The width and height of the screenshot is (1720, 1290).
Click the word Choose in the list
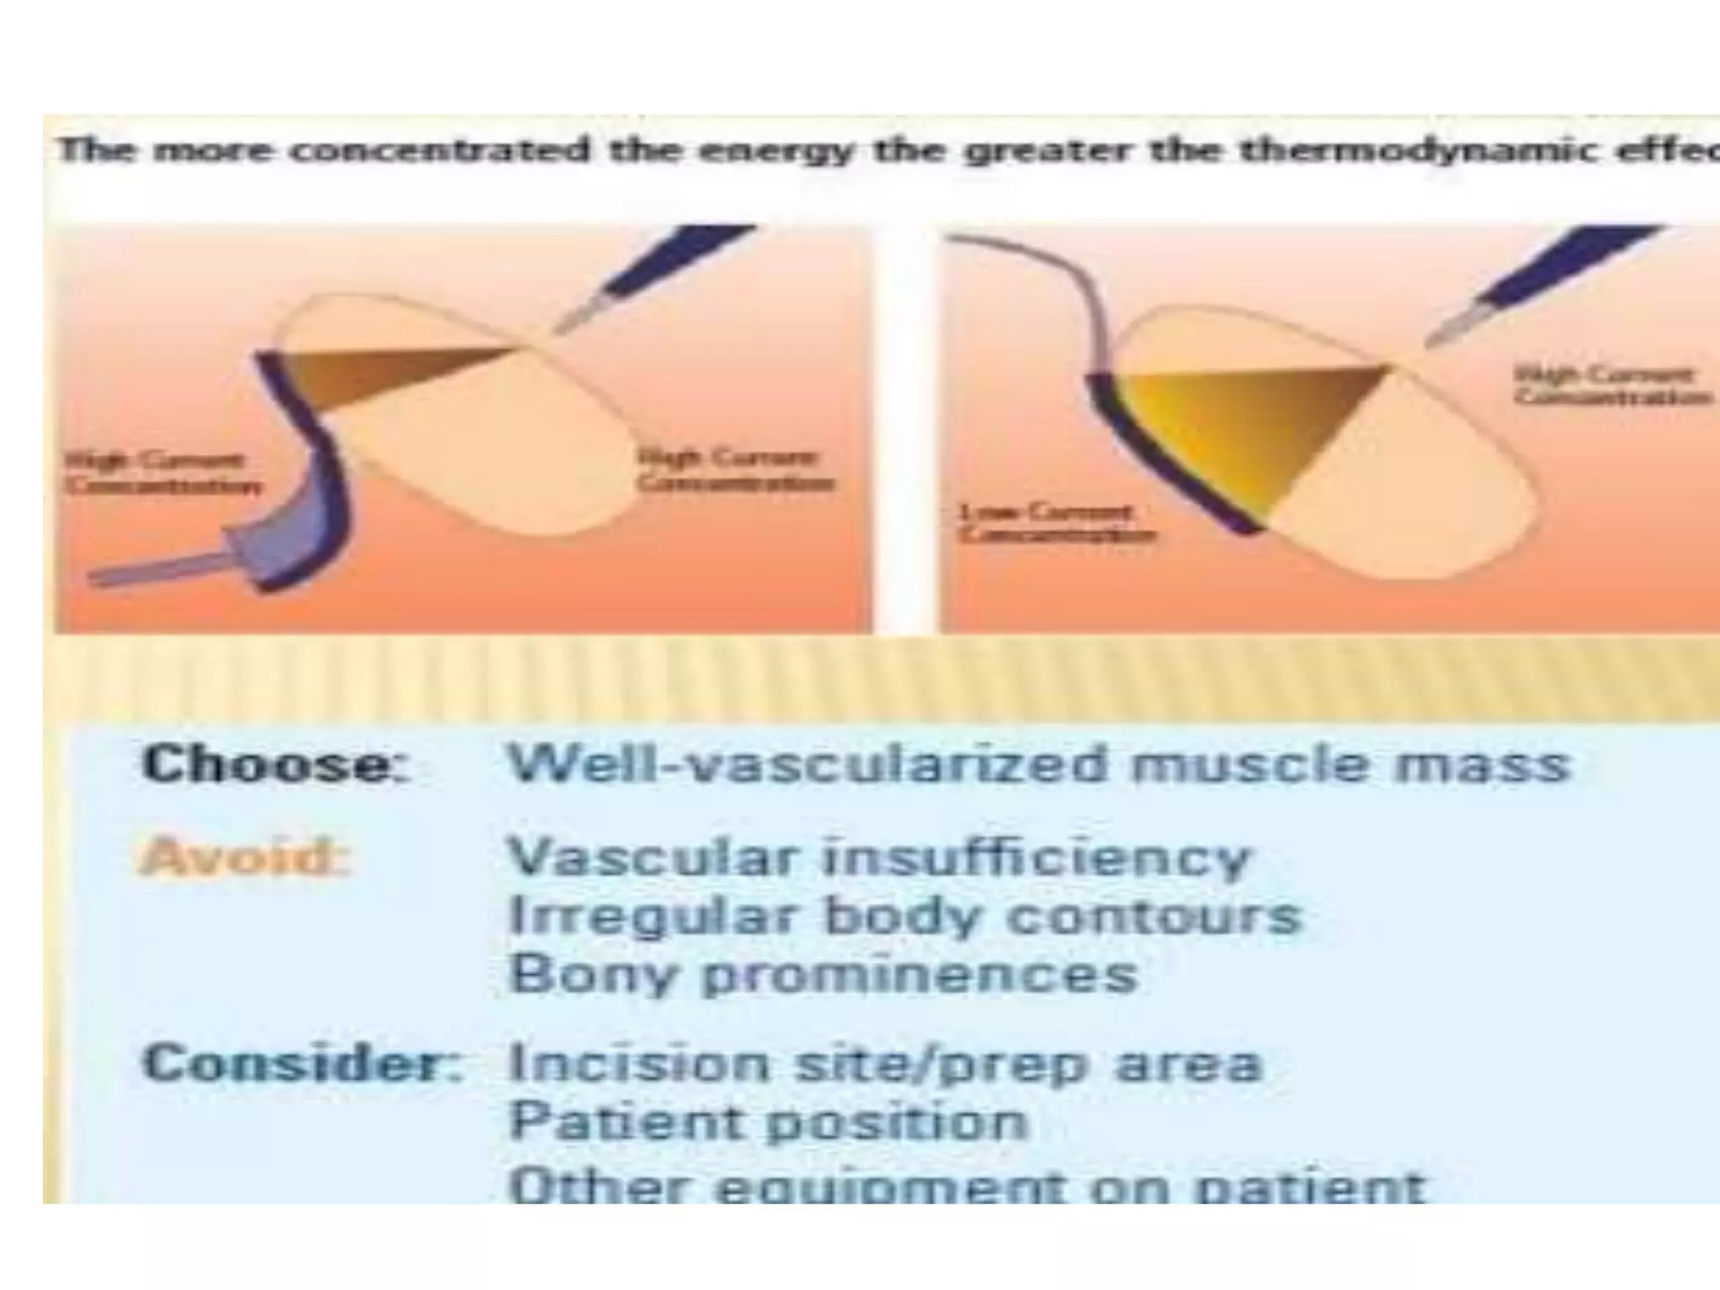pos(275,765)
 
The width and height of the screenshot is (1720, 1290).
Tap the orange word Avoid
pos(244,857)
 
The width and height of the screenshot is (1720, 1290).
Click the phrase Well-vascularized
pos(806,765)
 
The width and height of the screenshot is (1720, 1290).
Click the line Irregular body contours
pos(904,915)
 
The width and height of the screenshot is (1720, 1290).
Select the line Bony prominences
pos(823,974)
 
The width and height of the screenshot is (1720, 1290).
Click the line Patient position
pos(768,1121)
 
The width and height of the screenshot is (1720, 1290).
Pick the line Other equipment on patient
pos(966,1184)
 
